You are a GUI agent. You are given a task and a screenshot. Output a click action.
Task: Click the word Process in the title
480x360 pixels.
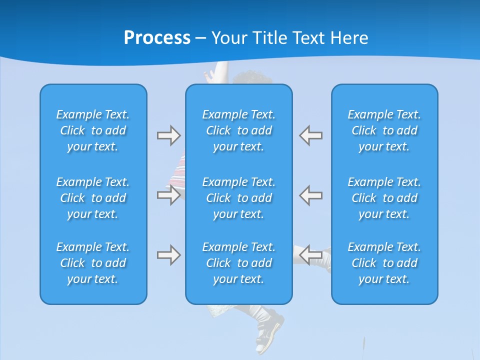coord(157,38)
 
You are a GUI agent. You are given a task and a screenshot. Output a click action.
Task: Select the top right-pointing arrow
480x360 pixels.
coord(168,135)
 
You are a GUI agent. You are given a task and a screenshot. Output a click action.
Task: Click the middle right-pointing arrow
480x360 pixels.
coord(168,195)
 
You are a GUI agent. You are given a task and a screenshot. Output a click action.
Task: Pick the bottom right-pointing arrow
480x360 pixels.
coord(168,255)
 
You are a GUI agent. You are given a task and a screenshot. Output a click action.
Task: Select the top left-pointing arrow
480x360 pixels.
coord(310,135)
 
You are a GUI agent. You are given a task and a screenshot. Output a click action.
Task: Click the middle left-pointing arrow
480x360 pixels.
coord(310,195)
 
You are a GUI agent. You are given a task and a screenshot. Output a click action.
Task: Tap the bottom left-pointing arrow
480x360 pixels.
coord(310,255)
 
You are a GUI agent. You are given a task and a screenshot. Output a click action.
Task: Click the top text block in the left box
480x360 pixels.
coord(93,130)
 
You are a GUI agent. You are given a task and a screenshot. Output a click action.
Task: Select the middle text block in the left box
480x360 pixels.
coord(93,198)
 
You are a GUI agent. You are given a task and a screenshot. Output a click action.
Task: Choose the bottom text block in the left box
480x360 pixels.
coord(93,263)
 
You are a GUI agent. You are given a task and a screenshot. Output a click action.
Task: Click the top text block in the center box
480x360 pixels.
coord(238,130)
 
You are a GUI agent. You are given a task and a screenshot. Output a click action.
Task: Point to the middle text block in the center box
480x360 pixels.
coord(238,198)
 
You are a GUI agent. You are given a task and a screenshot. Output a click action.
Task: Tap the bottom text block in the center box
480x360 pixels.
coord(238,263)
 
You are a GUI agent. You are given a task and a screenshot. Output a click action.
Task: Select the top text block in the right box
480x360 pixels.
coord(384,130)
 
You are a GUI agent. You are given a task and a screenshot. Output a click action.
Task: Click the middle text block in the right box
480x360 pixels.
coord(384,198)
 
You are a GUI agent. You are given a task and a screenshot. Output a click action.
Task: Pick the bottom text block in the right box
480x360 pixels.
coord(384,263)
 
